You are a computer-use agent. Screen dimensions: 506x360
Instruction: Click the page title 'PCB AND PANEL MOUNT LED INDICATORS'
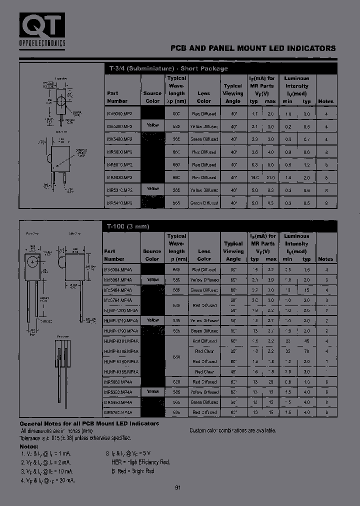pyautogui.click(x=253, y=48)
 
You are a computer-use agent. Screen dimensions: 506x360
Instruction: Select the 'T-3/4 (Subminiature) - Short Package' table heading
pyautogui.click(x=168, y=68)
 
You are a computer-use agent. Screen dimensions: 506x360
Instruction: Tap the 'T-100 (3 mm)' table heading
pyautogui.click(x=128, y=226)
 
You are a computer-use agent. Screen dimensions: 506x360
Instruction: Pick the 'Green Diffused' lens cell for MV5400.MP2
pyautogui.click(x=204, y=139)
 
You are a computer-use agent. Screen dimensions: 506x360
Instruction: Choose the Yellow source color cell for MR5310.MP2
pyautogui.click(x=152, y=189)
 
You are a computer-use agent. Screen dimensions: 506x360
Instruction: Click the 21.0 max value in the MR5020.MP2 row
pyautogui.click(x=270, y=177)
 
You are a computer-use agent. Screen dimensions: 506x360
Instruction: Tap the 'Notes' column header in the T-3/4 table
pyautogui.click(x=325, y=101)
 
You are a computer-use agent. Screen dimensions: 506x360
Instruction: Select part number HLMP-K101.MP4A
pyautogui.click(x=121, y=341)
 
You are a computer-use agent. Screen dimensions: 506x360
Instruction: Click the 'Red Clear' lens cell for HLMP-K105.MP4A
pyautogui.click(x=204, y=351)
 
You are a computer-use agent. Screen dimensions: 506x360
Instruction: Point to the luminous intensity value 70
pyautogui.click(x=306, y=351)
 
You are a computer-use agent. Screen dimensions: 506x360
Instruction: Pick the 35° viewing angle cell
pyautogui.click(x=233, y=351)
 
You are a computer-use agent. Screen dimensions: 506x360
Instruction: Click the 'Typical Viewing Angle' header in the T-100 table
pyautogui.click(x=233, y=247)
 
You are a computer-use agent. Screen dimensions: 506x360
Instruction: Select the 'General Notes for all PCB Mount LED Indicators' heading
pyautogui.click(x=89, y=423)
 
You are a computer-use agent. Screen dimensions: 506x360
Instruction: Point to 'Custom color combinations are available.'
pyautogui.click(x=232, y=430)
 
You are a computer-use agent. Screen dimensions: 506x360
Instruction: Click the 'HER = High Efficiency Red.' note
pyautogui.click(x=140, y=463)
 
